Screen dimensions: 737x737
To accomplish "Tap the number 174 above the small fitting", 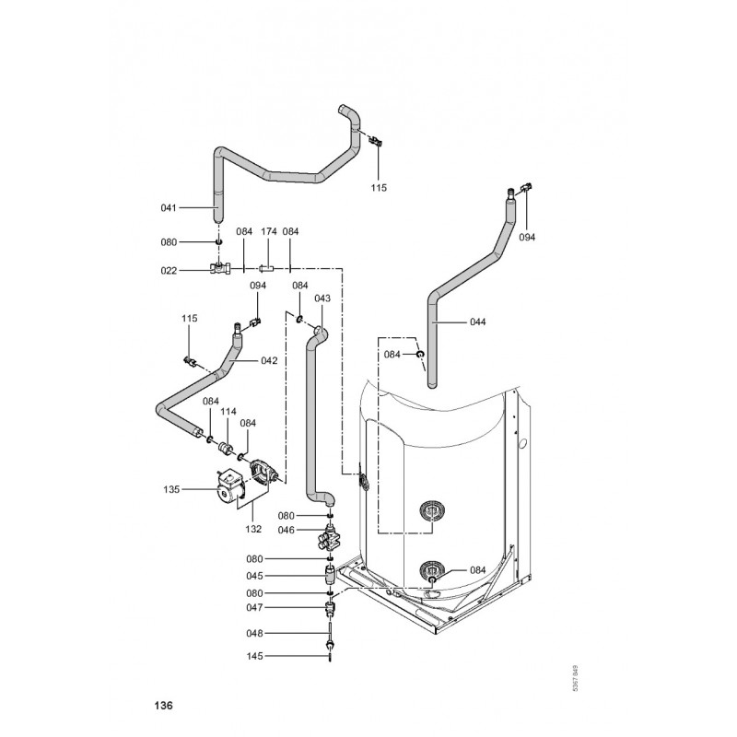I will (269, 231).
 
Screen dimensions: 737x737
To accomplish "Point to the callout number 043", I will (322, 298).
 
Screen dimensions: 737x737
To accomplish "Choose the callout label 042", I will (269, 360).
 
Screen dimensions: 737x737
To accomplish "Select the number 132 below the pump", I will (253, 529).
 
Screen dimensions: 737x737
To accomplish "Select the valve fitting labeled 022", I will (222, 269).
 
